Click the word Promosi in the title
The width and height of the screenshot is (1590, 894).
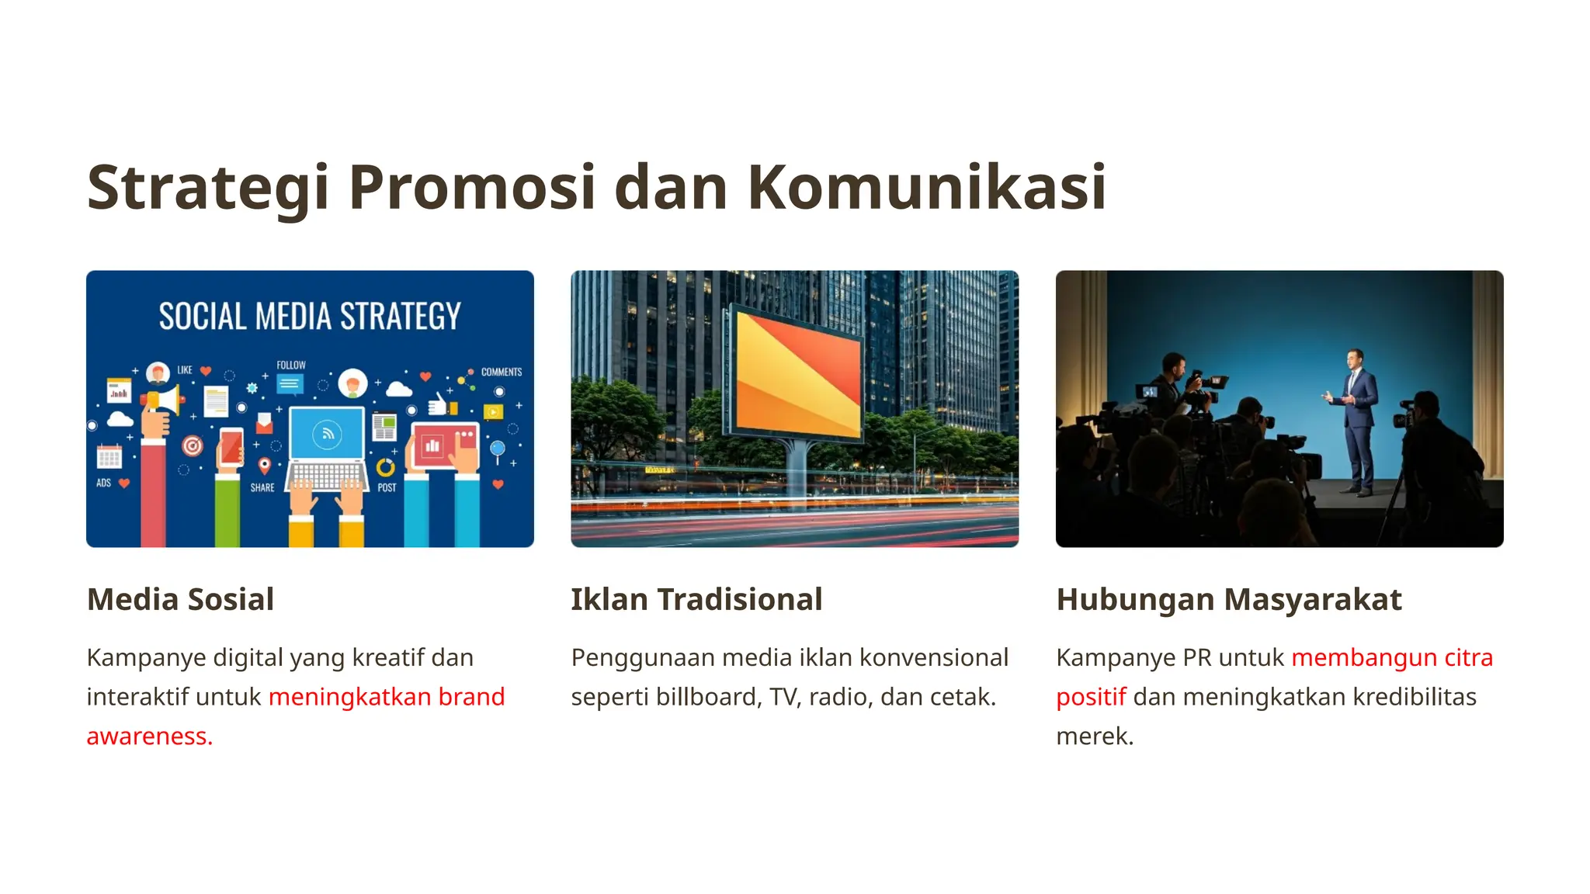[x=472, y=188]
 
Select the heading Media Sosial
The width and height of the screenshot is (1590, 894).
[x=180, y=600]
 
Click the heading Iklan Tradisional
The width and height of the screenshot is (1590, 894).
[x=696, y=600]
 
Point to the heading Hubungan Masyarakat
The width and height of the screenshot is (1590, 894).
[x=1228, y=600]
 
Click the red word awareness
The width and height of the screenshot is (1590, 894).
[x=149, y=736]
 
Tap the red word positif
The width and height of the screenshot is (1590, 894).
[x=1091, y=697]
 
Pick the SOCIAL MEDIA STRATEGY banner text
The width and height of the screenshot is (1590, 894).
[x=310, y=317]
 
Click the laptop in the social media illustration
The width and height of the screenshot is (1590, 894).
[x=327, y=450]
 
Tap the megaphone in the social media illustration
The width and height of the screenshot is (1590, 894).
[x=163, y=400]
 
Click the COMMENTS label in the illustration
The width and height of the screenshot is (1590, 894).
[x=501, y=372]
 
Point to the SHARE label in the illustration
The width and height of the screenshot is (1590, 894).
[x=262, y=488]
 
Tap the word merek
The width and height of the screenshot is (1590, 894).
[x=1095, y=736]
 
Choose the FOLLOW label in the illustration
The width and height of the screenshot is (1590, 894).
[x=291, y=366]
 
